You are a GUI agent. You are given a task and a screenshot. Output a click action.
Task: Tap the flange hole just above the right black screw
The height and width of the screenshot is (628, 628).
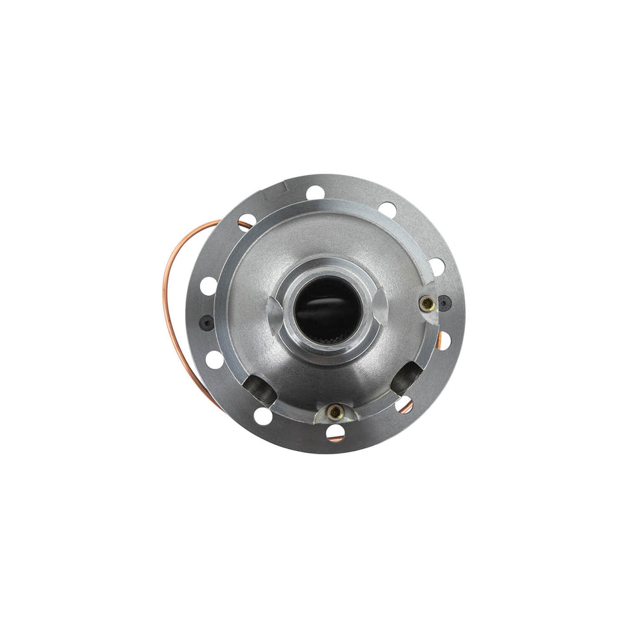point(436,267)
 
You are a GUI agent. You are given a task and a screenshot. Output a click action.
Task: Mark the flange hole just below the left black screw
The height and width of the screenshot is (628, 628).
point(214,359)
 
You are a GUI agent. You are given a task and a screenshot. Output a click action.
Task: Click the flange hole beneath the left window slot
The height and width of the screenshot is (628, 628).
point(263,416)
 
